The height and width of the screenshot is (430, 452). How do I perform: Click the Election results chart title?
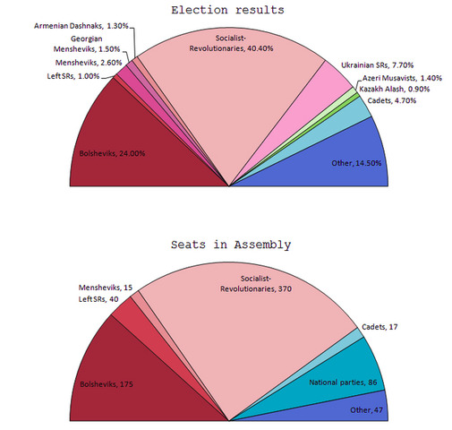tap(231, 11)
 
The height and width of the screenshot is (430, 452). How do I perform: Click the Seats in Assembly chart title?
tap(231, 245)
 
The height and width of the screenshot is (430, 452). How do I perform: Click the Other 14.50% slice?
tap(340, 161)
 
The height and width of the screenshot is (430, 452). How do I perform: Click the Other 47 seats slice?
tap(358, 407)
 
